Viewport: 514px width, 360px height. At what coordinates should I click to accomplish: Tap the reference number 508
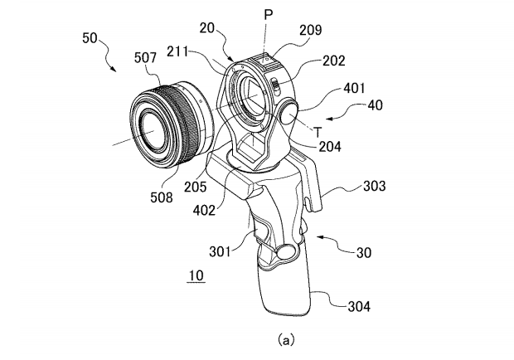click(161, 197)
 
